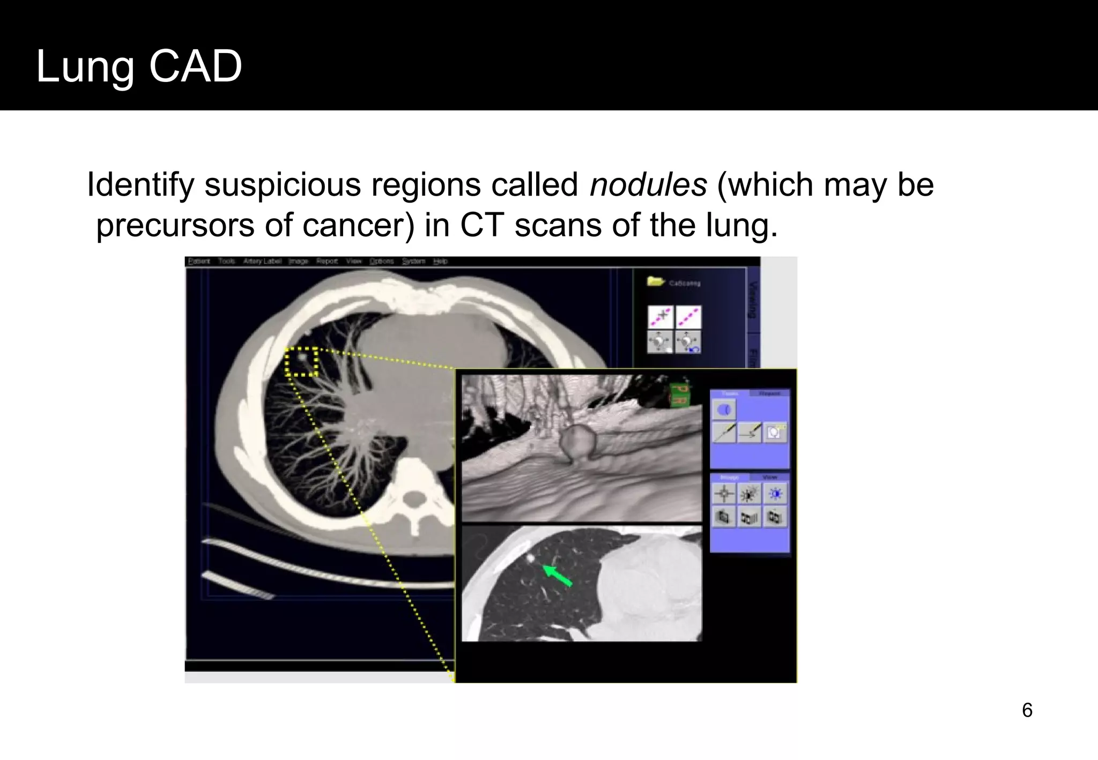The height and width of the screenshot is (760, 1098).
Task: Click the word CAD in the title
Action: (x=195, y=66)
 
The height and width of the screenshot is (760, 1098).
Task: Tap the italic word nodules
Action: (x=648, y=185)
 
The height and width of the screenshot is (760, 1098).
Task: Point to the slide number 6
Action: (x=1027, y=710)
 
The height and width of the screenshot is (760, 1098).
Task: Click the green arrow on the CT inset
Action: (x=558, y=576)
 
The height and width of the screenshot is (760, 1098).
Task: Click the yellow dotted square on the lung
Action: (x=301, y=362)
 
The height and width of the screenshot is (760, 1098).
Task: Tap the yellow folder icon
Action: (x=655, y=281)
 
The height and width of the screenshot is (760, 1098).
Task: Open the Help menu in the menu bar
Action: (x=440, y=262)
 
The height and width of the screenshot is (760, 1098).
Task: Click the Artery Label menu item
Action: (x=262, y=262)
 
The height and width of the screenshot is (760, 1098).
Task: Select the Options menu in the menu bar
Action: (x=382, y=262)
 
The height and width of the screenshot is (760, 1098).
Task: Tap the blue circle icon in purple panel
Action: (x=724, y=410)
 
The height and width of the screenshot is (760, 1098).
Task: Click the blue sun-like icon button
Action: (x=775, y=494)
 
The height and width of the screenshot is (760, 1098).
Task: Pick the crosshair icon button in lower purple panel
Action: (x=724, y=494)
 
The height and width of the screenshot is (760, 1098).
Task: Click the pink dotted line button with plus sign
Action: (x=661, y=317)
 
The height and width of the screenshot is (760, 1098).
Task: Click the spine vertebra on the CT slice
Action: (x=413, y=501)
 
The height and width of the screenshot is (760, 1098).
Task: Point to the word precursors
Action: (x=175, y=225)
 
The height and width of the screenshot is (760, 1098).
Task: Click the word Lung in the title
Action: (x=85, y=66)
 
